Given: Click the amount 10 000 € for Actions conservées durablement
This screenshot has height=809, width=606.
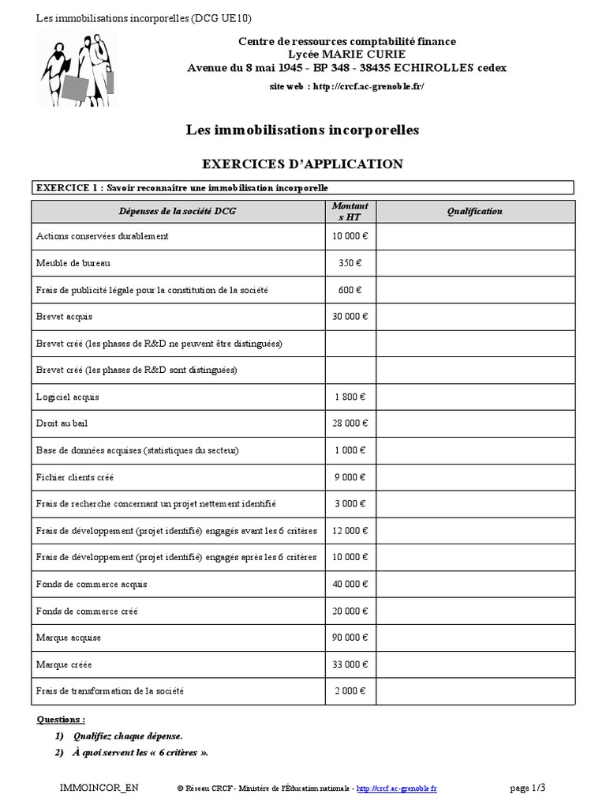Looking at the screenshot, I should [350, 236].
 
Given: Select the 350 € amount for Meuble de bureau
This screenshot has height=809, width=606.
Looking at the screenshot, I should [350, 263].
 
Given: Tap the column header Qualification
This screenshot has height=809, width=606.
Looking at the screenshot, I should [474, 212].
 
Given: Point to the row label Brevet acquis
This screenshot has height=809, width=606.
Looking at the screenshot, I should [65, 317].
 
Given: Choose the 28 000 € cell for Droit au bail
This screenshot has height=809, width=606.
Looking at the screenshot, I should [350, 423].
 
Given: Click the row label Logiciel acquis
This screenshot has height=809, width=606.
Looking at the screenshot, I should [68, 397].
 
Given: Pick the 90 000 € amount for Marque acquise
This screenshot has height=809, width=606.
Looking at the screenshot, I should [350, 638].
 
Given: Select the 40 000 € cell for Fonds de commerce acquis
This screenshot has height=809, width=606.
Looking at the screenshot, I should [350, 584].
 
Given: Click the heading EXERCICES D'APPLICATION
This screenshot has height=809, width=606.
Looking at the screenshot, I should [303, 164].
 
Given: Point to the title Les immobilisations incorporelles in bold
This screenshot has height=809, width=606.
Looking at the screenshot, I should [303, 130].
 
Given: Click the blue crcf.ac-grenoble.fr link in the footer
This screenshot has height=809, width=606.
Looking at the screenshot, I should [397, 788].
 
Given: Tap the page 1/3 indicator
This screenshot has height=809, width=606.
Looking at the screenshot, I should [528, 787].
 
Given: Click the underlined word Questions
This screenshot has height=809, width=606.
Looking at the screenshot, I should [62, 720].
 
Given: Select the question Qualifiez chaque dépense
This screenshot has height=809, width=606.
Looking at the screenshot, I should [128, 736].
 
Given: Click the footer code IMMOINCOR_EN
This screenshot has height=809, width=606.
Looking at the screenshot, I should [93, 788].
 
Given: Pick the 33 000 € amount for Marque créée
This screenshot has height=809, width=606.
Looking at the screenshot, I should [350, 664].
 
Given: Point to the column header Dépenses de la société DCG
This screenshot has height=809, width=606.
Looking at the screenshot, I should [178, 212].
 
